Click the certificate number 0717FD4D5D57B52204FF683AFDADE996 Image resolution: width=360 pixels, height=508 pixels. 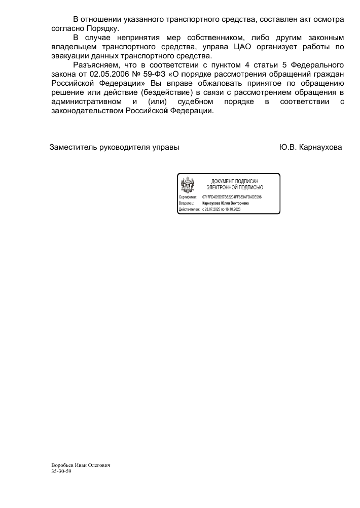(x=232, y=197)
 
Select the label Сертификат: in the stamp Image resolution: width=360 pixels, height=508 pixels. (x=188, y=197)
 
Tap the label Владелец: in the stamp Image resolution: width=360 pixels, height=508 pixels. (x=187, y=203)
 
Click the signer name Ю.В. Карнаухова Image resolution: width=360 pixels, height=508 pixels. (x=310, y=147)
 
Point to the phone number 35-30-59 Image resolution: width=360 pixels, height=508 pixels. (x=61, y=471)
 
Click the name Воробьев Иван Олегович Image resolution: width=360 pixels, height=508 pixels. (x=81, y=465)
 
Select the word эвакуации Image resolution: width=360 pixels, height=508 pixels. (x=72, y=56)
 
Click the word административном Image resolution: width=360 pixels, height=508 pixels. (x=87, y=101)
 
